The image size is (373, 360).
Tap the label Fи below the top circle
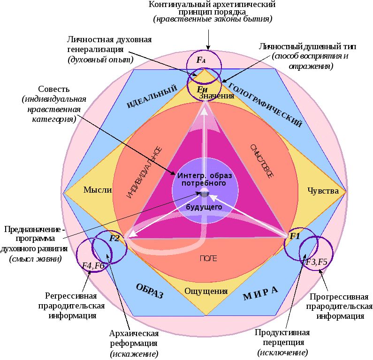click(x=202, y=89)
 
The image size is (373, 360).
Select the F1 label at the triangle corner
click(x=294, y=236)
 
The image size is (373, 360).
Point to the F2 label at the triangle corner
click(x=115, y=238)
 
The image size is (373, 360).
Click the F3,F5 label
click(x=317, y=262)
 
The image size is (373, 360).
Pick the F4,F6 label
click(x=93, y=266)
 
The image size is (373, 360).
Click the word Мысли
click(x=98, y=190)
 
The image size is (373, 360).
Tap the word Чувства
click(x=323, y=191)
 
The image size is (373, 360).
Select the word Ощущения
click(x=206, y=291)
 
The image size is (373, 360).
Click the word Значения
click(x=216, y=96)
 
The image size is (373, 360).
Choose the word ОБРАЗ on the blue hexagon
click(x=149, y=291)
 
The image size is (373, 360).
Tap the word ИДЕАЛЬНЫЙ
click(x=152, y=97)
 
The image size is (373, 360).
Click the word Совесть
click(x=54, y=89)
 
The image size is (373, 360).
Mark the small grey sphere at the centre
click(x=205, y=192)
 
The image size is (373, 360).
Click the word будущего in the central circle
click(x=204, y=207)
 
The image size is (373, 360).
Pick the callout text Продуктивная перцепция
click(x=282, y=337)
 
